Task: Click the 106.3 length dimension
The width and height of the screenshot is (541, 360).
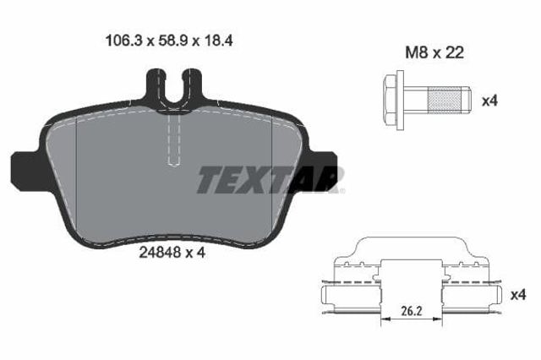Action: [123, 41]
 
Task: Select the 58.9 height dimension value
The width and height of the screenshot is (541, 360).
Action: [172, 41]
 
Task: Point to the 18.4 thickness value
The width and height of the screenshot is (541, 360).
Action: [219, 41]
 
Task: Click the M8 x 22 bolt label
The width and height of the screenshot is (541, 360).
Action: [434, 52]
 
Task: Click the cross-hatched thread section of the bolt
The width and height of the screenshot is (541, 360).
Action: [445, 100]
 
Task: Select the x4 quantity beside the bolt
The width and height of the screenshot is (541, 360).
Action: [489, 101]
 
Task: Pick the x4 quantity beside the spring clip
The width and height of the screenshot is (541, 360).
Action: [518, 295]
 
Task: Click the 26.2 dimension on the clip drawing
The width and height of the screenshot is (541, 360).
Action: [412, 311]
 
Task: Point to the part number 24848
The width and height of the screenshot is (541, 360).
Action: [160, 253]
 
